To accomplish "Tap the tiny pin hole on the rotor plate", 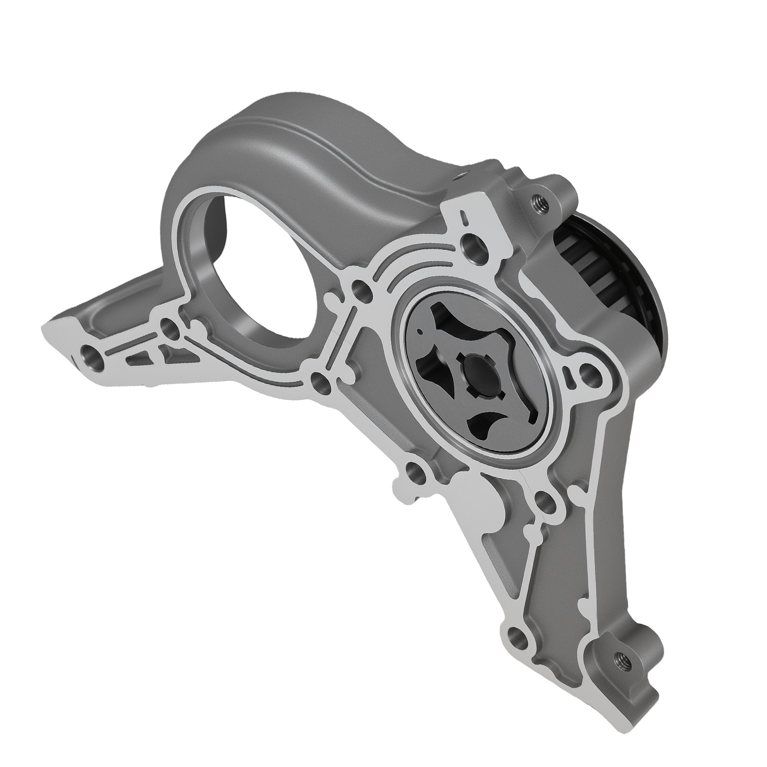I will [420, 331].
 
